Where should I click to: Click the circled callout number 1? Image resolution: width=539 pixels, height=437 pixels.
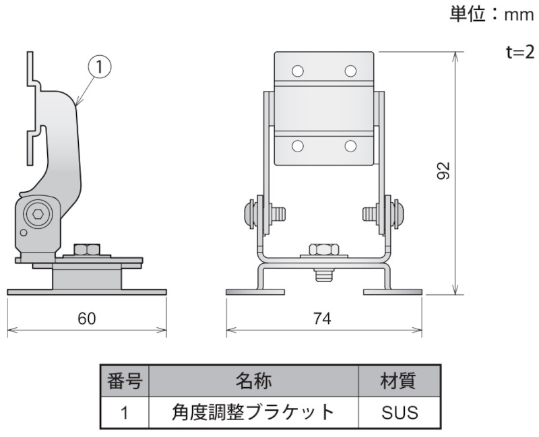click(99, 66)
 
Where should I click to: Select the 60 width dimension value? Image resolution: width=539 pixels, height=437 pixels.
click(86, 319)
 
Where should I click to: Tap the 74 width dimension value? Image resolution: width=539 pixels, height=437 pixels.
click(323, 319)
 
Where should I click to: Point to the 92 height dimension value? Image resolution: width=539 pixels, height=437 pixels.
click(443, 171)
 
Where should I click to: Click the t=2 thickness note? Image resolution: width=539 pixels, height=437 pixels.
click(520, 53)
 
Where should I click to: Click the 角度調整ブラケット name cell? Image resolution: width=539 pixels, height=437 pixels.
click(253, 412)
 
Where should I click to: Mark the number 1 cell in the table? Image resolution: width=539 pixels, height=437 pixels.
click(125, 412)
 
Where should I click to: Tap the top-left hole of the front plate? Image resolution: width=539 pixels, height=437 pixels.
click(298, 71)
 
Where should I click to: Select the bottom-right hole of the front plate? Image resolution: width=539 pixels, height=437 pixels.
click(350, 145)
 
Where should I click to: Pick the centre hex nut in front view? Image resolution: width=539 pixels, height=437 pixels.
click(324, 250)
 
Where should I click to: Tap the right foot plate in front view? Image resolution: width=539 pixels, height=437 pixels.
click(393, 292)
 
